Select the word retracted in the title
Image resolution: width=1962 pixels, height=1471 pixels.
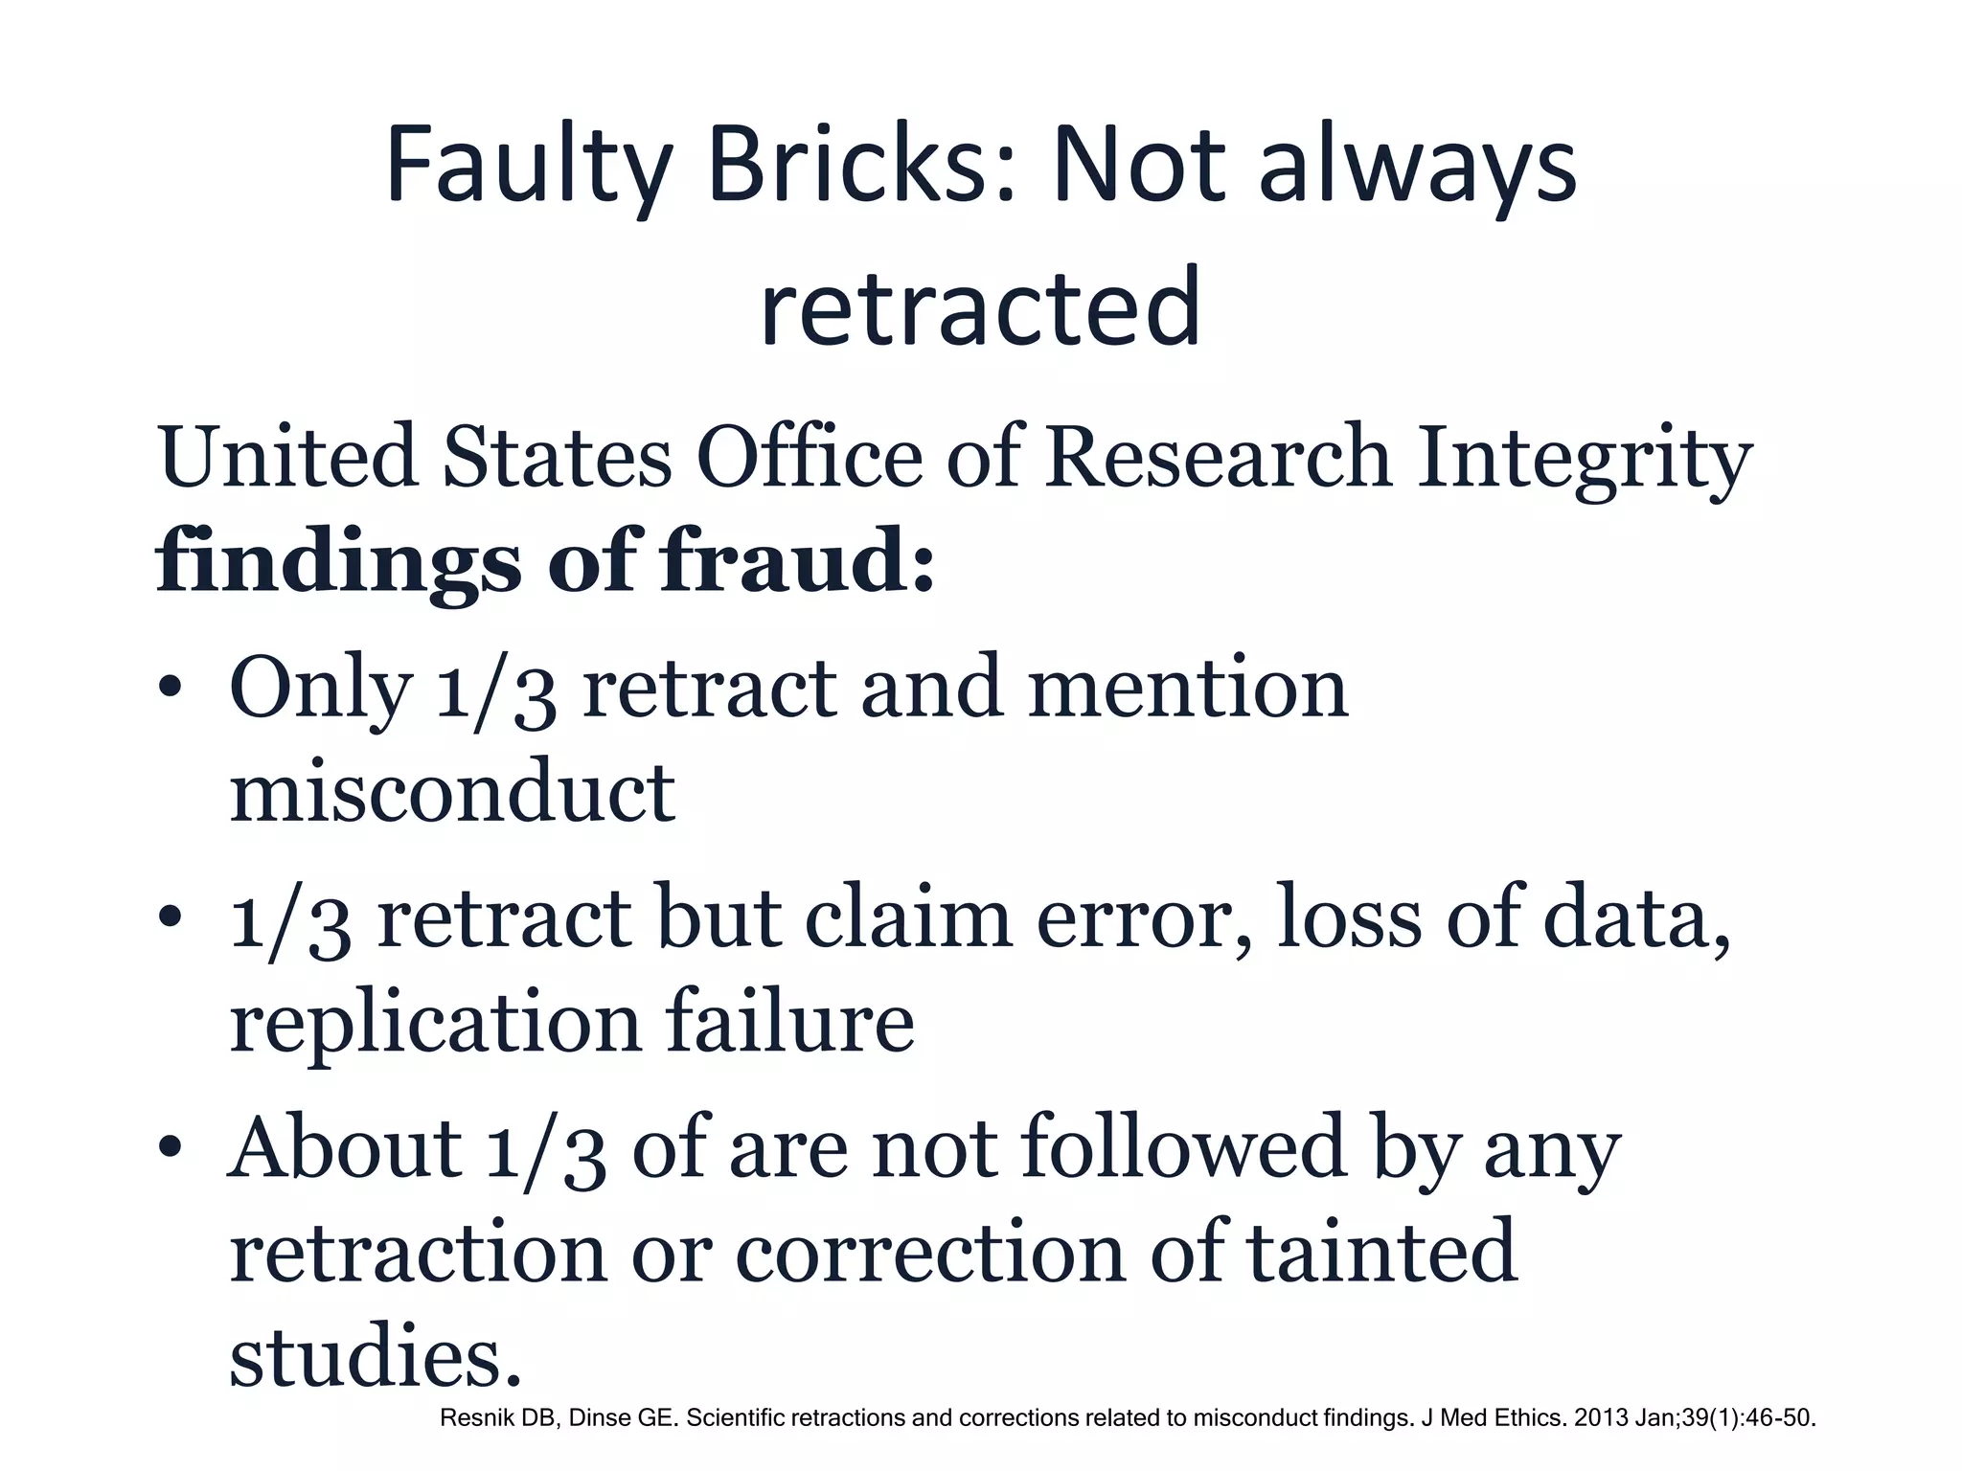pos(980,308)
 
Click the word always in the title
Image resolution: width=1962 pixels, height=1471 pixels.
pos(1418,169)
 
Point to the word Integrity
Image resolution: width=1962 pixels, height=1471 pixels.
pos(1585,459)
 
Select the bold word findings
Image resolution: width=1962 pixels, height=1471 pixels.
pos(338,563)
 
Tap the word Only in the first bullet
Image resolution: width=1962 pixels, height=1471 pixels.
pos(321,690)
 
